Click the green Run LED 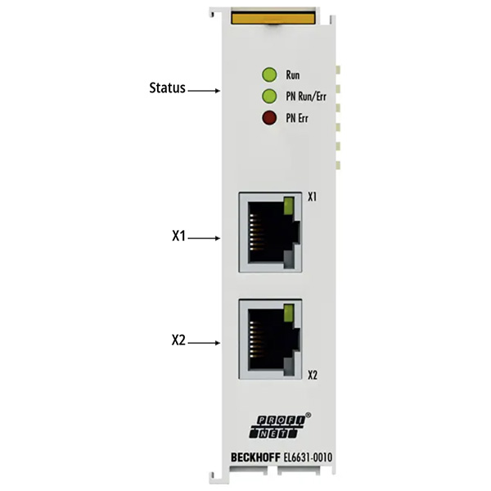tap(269, 74)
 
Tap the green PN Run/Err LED tap(269, 96)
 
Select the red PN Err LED tap(269, 118)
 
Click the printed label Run tap(293, 75)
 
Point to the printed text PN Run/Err tap(306, 97)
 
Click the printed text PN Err tap(297, 119)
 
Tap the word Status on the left tap(167, 88)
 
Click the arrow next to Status tap(204, 91)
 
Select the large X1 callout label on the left tap(178, 236)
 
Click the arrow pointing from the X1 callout tap(204, 238)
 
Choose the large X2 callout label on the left tap(178, 340)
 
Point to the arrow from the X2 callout tap(204, 343)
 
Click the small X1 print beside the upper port tap(313, 197)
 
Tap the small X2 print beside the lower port tap(313, 375)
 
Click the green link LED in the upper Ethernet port tap(288, 205)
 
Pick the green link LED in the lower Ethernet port tap(288, 313)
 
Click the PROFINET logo tap(278, 426)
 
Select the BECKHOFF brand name tap(255, 457)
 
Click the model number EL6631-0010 tap(308, 457)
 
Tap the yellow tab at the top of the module tap(273, 17)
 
